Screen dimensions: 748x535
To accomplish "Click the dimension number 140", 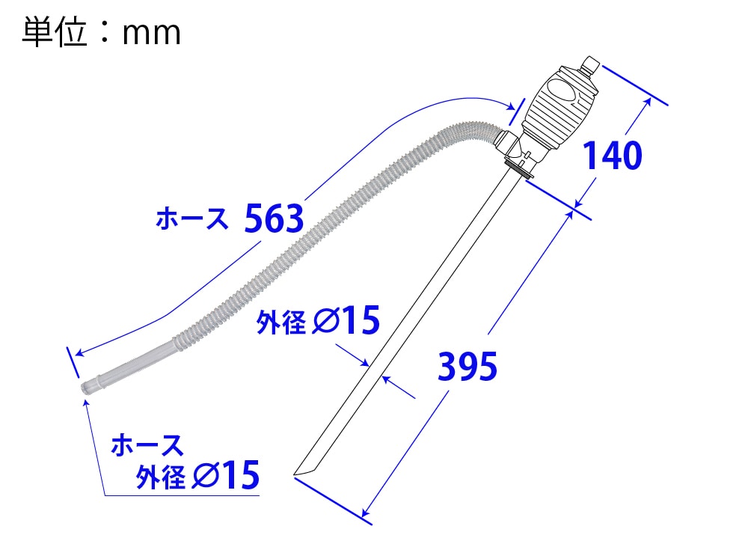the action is [613, 156].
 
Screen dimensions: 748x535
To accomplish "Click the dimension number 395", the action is [467, 366].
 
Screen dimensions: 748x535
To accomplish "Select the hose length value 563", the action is [274, 218].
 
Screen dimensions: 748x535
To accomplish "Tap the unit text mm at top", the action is [152, 34].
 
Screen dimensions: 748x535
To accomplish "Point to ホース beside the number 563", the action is [192, 219].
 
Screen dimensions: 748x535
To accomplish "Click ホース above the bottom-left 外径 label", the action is [147, 444].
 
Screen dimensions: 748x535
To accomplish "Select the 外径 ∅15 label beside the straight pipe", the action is [318, 320].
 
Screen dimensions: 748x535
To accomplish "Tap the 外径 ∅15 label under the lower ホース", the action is [197, 474].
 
